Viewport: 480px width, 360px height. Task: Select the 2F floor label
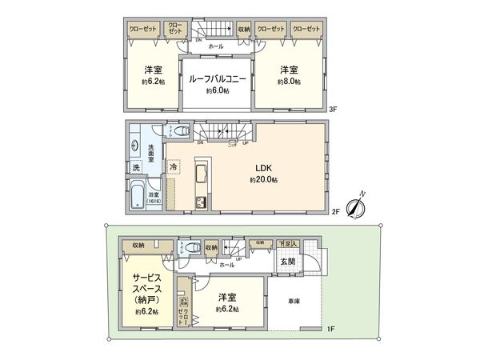336,211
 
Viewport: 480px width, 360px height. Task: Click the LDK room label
264,168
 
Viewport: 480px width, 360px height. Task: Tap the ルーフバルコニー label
217,79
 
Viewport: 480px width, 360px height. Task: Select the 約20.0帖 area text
264,181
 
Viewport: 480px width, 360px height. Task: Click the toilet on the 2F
181,133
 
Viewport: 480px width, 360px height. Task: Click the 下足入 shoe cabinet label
288,243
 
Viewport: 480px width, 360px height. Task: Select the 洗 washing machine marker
136,168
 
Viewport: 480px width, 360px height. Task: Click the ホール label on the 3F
216,47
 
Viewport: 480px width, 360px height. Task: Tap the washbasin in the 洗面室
134,146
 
